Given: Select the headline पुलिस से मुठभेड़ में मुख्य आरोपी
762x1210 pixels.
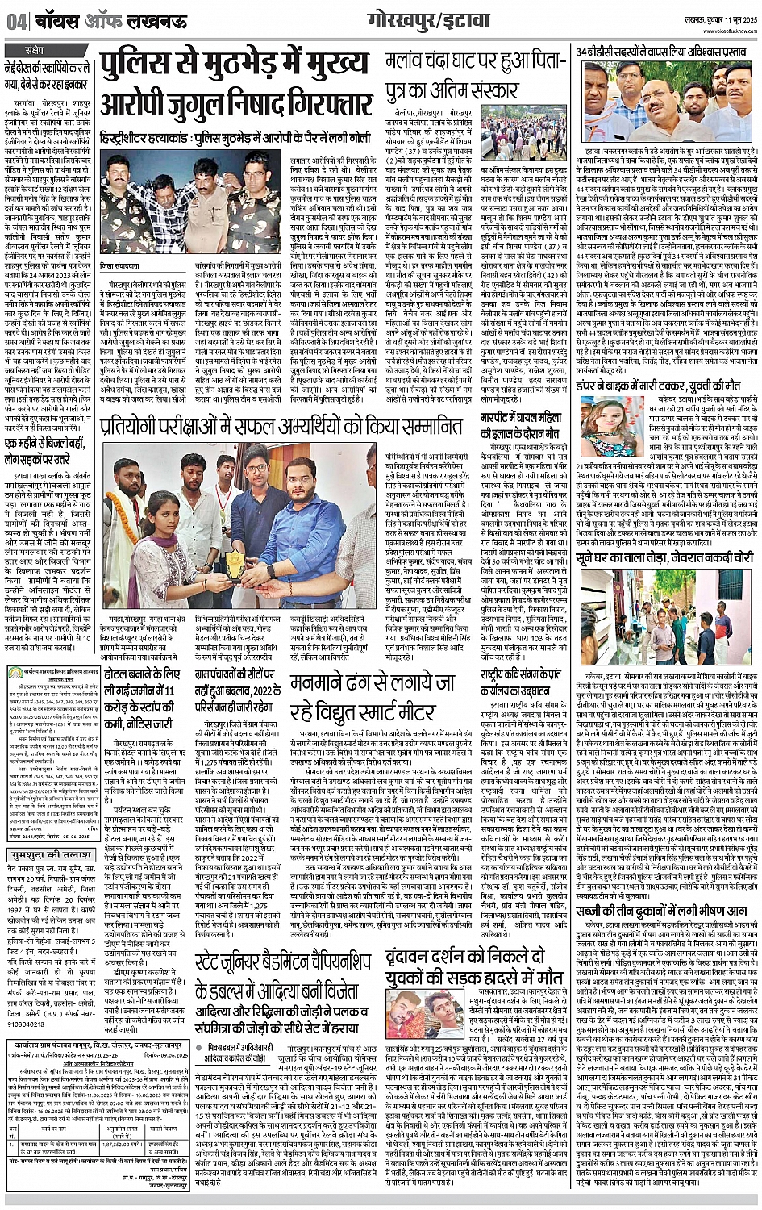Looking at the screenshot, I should point(234,84).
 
